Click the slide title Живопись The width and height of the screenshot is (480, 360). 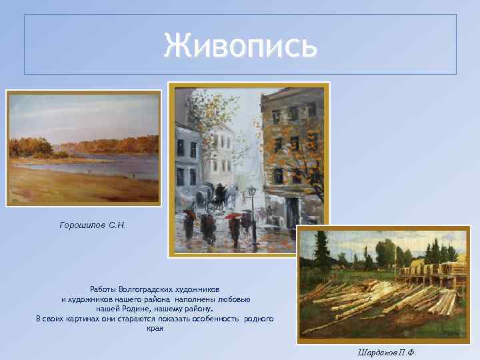(240, 45)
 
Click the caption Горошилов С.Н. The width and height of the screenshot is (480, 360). (93, 225)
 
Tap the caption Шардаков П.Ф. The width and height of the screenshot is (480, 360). (386, 353)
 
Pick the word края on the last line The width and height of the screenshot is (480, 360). (155, 329)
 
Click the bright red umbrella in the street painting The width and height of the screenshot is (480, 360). (233, 216)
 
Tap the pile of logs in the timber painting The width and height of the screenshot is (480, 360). (373, 297)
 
